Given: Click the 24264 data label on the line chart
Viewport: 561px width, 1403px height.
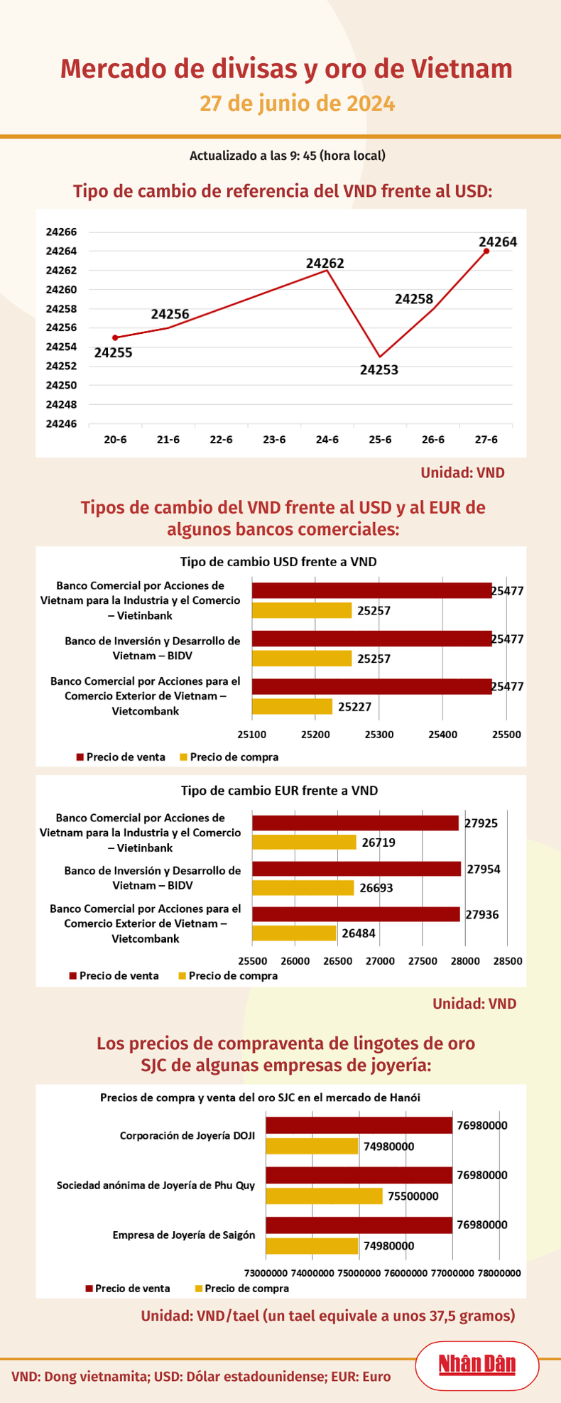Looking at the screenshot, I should (497, 242).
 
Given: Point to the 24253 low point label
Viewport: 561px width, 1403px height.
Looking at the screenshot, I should (378, 369).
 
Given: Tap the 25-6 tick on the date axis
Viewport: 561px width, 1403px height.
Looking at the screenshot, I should (380, 440).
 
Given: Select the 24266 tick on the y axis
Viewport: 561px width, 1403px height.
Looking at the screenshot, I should (61, 232).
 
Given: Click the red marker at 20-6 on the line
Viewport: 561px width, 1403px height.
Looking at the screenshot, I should (115, 337).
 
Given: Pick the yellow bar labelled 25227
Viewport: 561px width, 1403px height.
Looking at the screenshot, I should (292, 706).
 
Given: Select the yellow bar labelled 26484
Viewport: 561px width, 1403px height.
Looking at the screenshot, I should (294, 933).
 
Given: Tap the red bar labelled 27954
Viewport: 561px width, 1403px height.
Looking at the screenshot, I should (356, 868).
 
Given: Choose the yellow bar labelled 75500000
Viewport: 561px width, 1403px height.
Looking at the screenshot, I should (325, 1196).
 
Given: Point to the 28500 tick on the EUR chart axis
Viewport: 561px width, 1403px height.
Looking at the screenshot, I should (507, 961).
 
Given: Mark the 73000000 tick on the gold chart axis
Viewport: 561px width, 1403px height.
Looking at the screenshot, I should (266, 1273).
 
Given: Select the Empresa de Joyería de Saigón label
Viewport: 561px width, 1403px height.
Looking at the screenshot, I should (183, 1235).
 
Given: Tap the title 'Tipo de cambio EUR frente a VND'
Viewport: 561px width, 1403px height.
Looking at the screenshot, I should (279, 790).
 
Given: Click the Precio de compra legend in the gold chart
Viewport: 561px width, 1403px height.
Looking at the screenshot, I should (246, 1288).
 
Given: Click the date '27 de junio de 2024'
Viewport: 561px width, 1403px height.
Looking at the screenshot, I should (297, 104).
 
